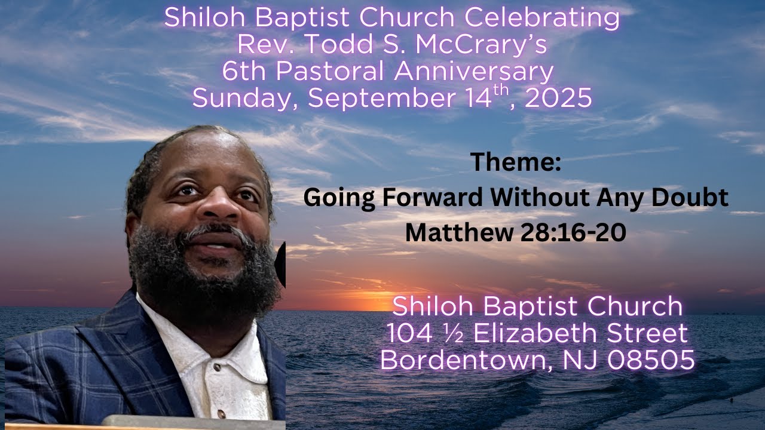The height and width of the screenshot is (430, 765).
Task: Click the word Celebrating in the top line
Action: (x=542, y=18)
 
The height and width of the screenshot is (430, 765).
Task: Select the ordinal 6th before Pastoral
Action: (x=241, y=72)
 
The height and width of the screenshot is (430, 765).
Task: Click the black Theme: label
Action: (x=516, y=162)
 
